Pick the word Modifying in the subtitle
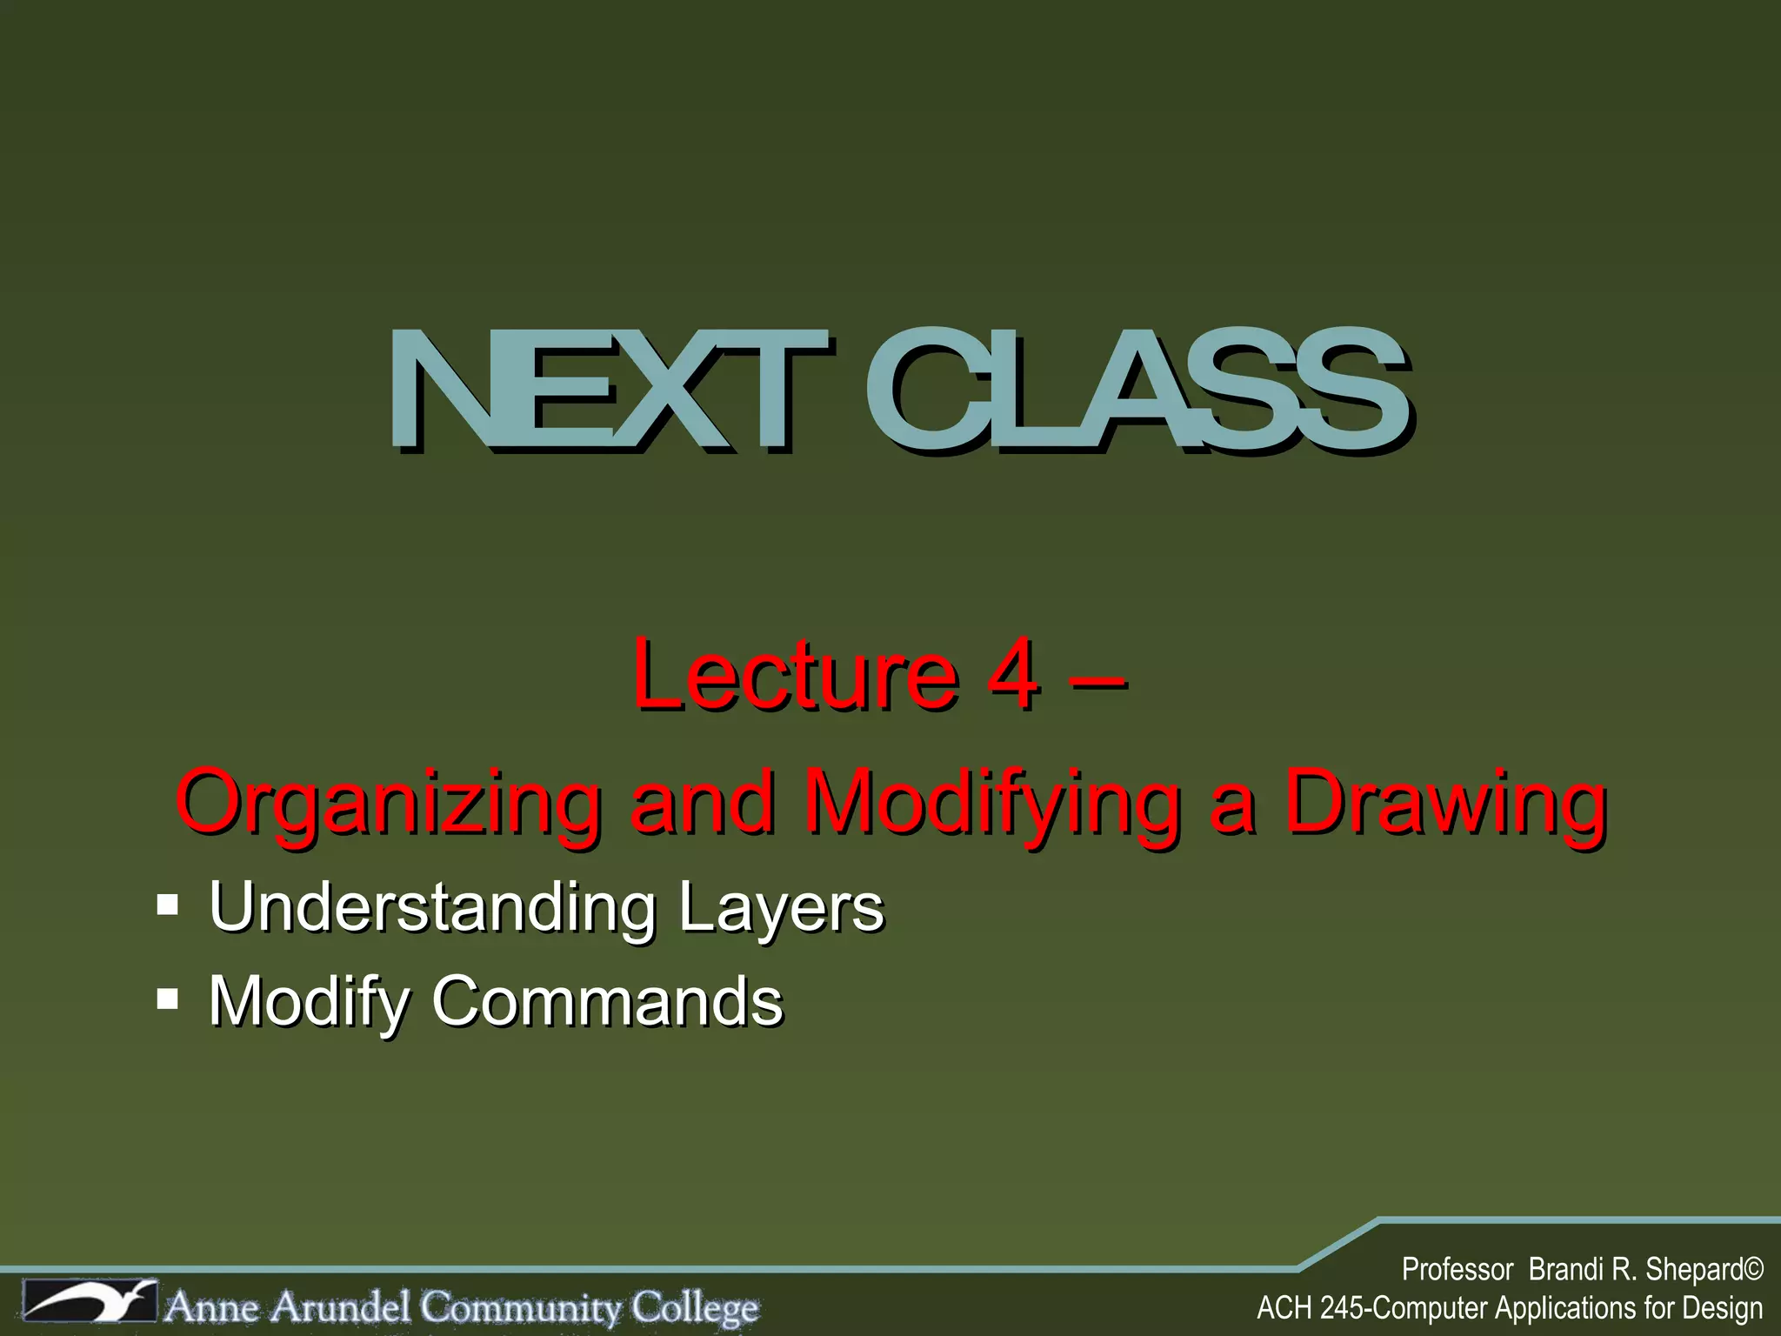[992, 802]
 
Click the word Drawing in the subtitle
[1444, 802]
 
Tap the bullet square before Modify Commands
[168, 1000]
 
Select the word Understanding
[432, 906]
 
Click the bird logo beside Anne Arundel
[90, 1302]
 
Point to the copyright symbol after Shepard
[1752, 1270]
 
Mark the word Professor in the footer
[1457, 1270]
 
